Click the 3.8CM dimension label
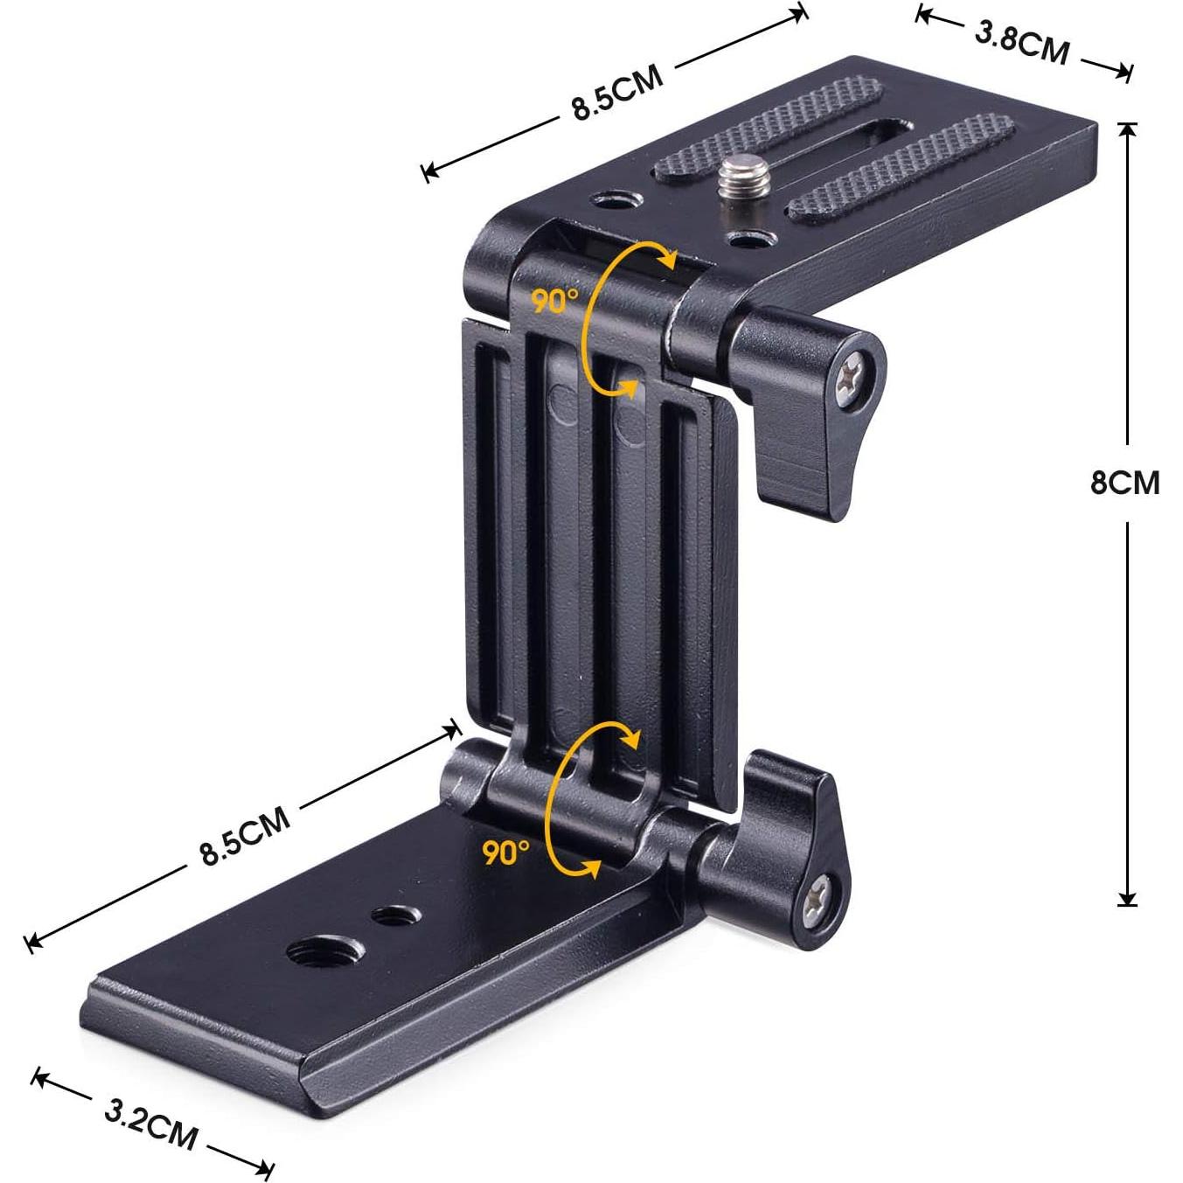[1021, 42]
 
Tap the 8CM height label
[1124, 482]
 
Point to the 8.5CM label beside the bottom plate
[245, 837]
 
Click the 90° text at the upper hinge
[554, 301]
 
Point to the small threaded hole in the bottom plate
[394, 915]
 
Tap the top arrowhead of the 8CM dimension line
[1127, 131]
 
